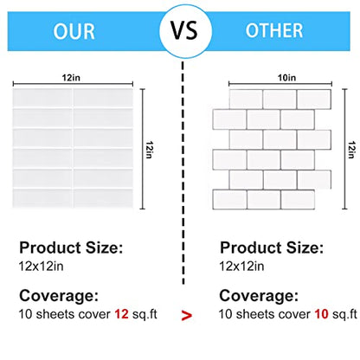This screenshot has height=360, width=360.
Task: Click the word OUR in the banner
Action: pyautogui.click(x=74, y=31)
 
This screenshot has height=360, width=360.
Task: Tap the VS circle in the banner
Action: pyautogui.click(x=185, y=31)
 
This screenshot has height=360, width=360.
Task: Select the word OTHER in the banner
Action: pyautogui.click(x=274, y=30)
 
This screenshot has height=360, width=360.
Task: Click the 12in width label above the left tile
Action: pyautogui.click(x=71, y=78)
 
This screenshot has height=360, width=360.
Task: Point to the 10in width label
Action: pyautogui.click(x=286, y=78)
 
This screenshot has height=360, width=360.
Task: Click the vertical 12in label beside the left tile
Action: pyautogui.click(x=149, y=150)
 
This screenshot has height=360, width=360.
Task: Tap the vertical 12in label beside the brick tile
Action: pyautogui.click(x=351, y=150)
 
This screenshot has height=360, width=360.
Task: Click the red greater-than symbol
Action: pyautogui.click(x=187, y=315)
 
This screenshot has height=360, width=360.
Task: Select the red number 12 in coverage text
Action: pyautogui.click(x=121, y=314)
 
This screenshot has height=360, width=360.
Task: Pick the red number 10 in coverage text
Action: pyautogui.click(x=321, y=314)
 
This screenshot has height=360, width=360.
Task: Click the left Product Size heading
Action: pyautogui.click(x=71, y=247)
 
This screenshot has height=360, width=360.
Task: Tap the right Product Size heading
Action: pyautogui.click(x=272, y=247)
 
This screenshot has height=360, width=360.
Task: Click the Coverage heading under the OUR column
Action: pyautogui.click(x=59, y=296)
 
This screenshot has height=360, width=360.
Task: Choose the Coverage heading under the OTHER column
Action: pyautogui.click(x=259, y=296)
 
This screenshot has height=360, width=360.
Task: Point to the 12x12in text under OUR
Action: pyautogui.click(x=41, y=266)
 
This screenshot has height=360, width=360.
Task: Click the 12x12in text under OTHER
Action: pyautogui.click(x=241, y=266)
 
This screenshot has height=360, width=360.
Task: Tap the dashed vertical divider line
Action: pyautogui.click(x=183, y=172)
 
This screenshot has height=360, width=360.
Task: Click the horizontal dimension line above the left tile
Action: pyautogui.click(x=73, y=84)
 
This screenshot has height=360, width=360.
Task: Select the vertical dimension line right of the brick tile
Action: pyautogui.click(x=344, y=149)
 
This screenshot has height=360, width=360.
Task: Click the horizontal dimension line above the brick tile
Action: pyautogui.click(x=280, y=84)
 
